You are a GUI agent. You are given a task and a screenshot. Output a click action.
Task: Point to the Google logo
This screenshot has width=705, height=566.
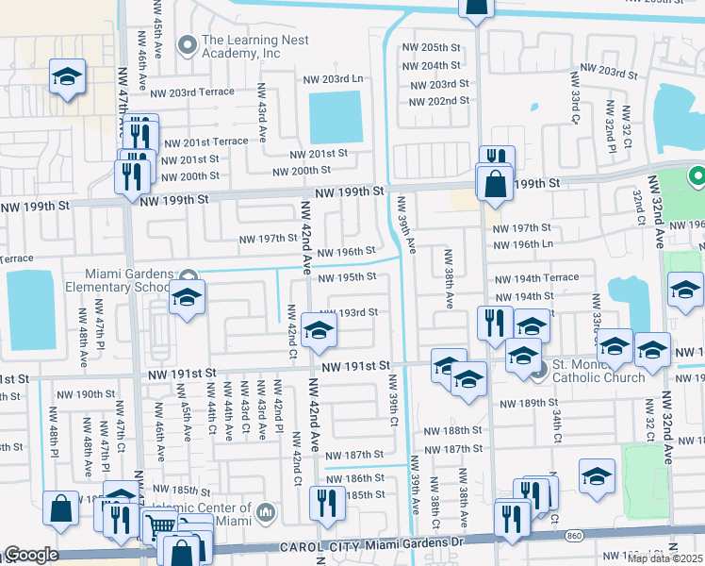click(x=30, y=555)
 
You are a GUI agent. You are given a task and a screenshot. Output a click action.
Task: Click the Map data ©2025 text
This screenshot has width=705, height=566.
click(x=664, y=558)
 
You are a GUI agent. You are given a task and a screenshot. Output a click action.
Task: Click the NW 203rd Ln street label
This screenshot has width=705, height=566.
click(x=332, y=79)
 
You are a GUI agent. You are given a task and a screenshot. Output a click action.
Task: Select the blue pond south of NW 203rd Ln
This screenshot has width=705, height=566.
click(x=336, y=118)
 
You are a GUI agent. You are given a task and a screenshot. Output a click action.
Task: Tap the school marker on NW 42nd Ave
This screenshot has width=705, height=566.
click(x=320, y=330)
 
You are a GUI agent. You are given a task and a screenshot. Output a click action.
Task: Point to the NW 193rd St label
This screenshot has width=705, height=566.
click(x=348, y=312)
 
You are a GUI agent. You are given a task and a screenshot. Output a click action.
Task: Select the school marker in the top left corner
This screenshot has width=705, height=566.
click(x=67, y=77)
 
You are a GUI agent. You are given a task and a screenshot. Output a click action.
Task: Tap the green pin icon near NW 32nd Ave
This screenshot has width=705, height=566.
click(x=697, y=175)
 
